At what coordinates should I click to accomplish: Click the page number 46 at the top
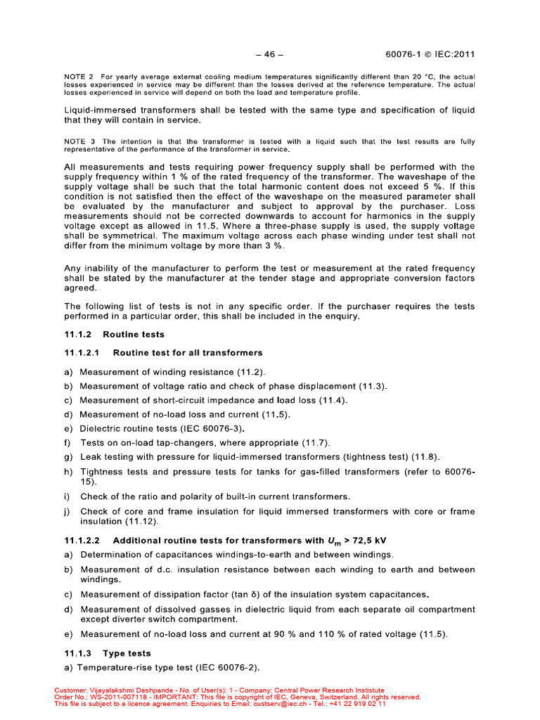point(269,55)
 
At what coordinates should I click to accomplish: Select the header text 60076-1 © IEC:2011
point(435,55)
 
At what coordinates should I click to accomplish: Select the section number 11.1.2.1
point(83,353)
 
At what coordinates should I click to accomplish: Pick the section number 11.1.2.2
point(83,541)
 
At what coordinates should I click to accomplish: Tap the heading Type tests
point(127,653)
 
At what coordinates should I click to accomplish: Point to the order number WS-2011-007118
point(117,697)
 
